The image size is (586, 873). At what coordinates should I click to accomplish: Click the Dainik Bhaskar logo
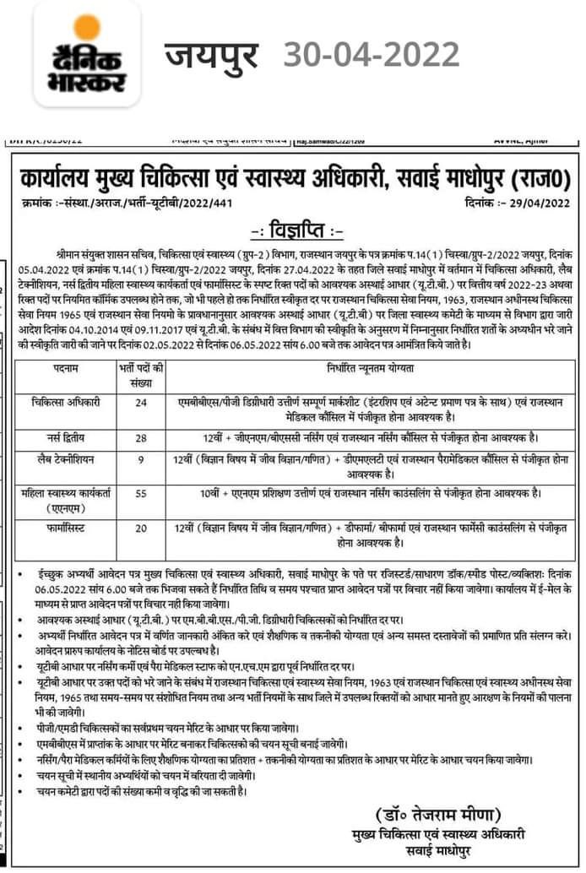coord(87,55)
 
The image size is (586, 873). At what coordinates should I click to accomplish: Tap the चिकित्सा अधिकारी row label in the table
coord(64,403)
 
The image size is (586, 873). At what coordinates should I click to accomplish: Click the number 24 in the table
coord(140,403)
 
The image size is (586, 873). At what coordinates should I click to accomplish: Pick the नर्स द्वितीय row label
coord(64,439)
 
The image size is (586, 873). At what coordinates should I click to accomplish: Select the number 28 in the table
coord(140,439)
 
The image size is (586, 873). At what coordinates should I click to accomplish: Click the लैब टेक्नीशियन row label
coord(64,460)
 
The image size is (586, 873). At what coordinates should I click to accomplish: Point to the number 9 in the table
coord(140,460)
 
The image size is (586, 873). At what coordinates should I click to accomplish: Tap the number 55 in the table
coord(140,492)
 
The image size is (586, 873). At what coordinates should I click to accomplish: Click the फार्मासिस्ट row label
coord(64,527)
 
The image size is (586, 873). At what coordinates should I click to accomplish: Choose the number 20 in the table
coord(140,527)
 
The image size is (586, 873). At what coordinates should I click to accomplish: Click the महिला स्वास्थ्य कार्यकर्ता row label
coord(64,498)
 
